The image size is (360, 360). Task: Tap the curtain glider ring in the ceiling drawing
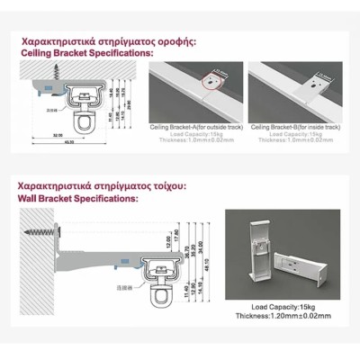coord(83,120)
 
